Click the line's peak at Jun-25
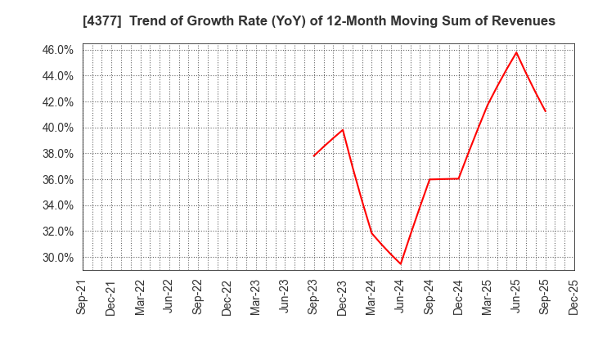516,52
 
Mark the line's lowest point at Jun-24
401,263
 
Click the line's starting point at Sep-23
314,155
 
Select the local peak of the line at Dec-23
343,129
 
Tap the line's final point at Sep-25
545,111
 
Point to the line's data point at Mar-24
372,233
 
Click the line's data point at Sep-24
429,179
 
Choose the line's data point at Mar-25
488,105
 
